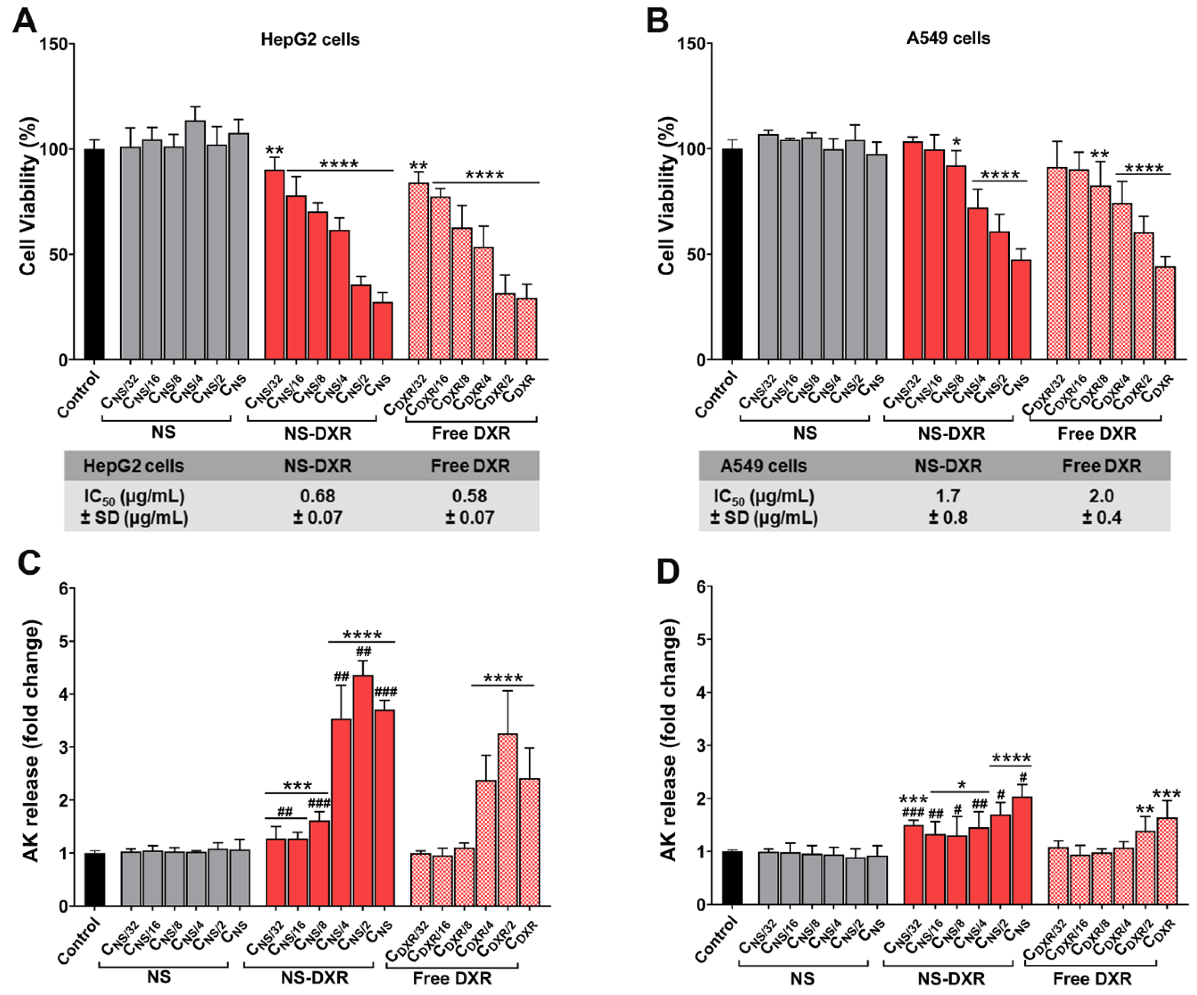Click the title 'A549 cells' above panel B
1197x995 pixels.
(949, 38)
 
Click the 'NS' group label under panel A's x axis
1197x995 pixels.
(164, 432)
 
